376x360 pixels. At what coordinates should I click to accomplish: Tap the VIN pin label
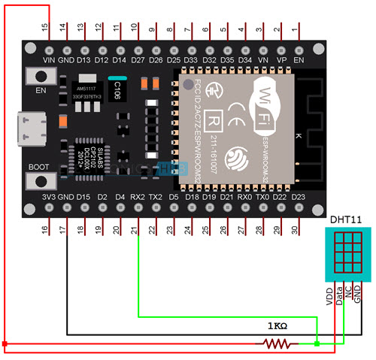click(50, 59)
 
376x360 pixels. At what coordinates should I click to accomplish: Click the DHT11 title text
click(346, 219)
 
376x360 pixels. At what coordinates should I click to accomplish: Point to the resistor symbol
click(275, 344)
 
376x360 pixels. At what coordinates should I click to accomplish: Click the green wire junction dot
click(317, 344)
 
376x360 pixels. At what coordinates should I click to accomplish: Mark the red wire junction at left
click(5, 344)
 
